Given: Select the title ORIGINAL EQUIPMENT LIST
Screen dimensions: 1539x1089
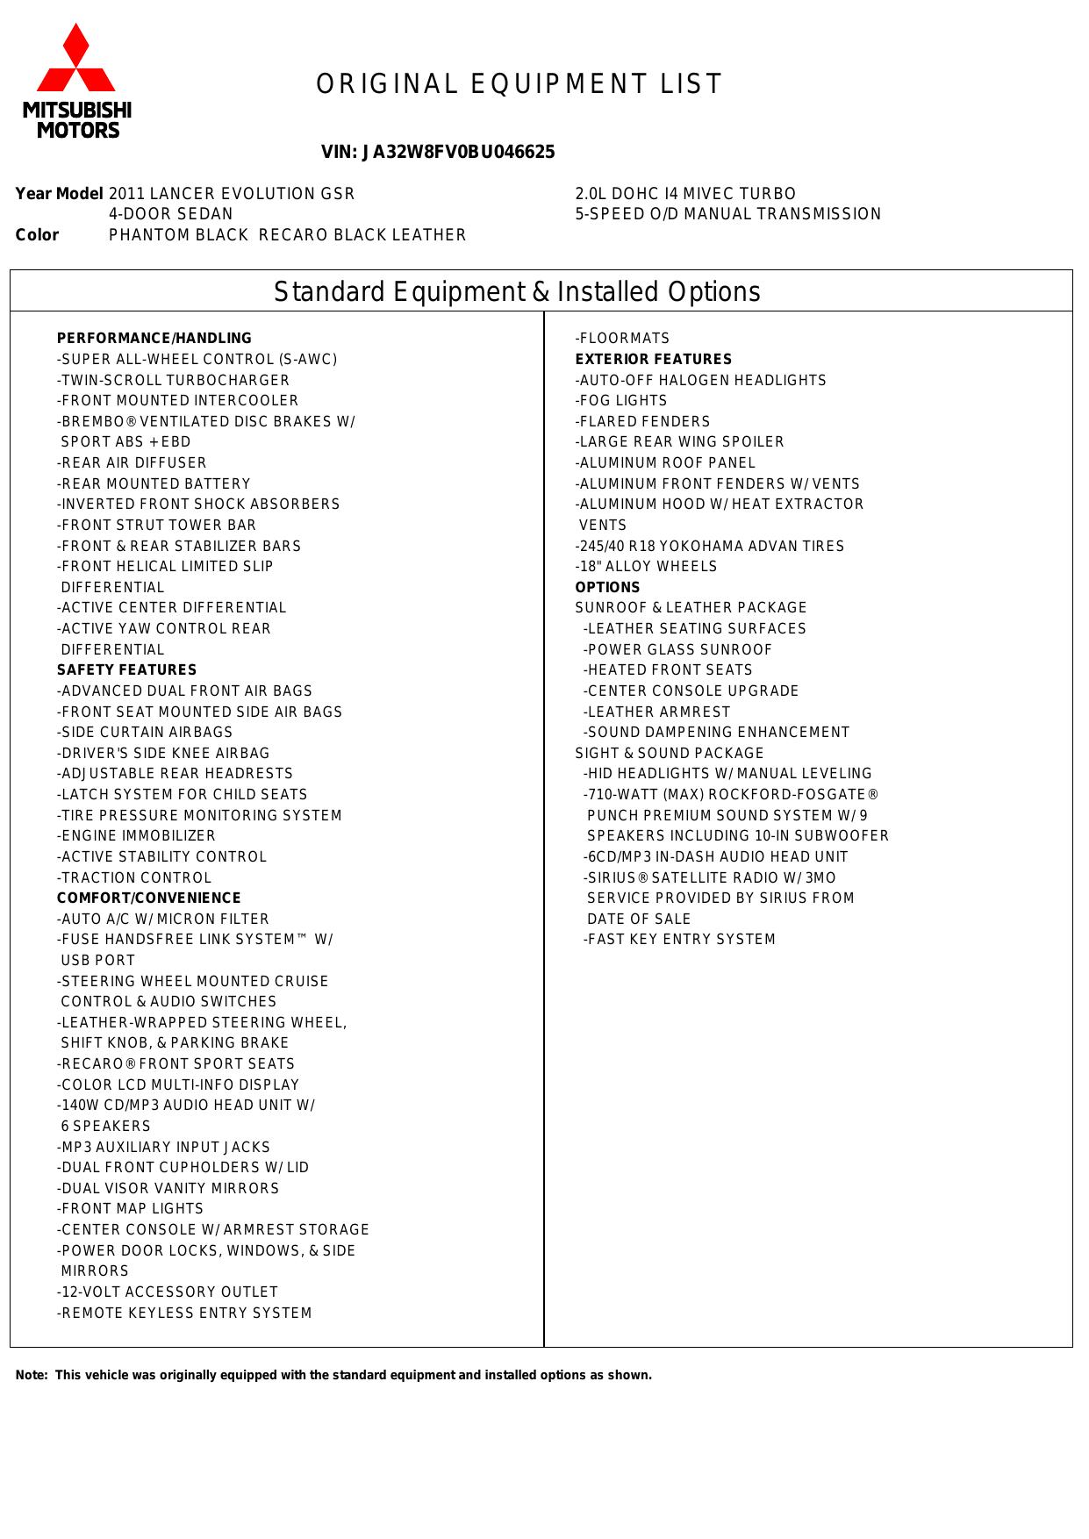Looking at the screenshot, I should (x=519, y=84).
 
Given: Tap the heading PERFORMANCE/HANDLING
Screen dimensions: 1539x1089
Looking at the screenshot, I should (x=154, y=339).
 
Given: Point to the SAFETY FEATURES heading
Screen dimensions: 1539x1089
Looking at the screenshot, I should (x=127, y=670).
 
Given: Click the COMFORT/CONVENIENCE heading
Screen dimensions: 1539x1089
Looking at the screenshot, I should (x=149, y=898).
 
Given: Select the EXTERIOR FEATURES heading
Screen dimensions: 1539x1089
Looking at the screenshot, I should (x=654, y=360).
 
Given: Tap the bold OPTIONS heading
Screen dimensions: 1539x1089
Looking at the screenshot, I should (x=608, y=588).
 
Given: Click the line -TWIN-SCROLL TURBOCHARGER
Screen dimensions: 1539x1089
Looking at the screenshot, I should (x=174, y=381).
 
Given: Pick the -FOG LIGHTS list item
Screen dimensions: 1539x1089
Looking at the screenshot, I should (x=621, y=401).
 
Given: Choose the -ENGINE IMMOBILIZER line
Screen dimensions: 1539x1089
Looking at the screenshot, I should (x=137, y=836).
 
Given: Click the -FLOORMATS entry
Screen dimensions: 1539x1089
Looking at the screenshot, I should (x=623, y=339).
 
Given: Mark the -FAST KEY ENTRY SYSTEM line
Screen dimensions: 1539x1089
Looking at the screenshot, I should (x=680, y=940).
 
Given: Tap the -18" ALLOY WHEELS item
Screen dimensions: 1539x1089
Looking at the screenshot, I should (x=647, y=567).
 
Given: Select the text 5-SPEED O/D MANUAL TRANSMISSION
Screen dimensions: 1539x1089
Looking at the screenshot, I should (x=728, y=214).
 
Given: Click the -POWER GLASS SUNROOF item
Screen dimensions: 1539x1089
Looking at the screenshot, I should (x=678, y=650).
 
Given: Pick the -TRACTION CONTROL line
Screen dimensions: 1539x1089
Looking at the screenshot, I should (x=135, y=878).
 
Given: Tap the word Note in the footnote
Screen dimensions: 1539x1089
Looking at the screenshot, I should (x=31, y=1375).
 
